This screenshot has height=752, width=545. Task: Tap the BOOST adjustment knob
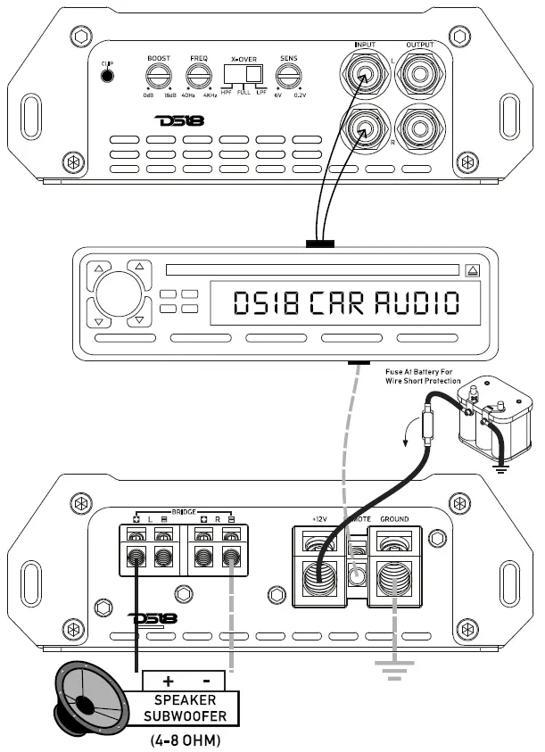pyautogui.click(x=159, y=75)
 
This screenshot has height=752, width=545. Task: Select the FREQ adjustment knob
pyautogui.click(x=198, y=75)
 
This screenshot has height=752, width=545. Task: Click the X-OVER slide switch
pyautogui.click(x=244, y=75)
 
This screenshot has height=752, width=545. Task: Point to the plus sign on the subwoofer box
pyautogui.click(x=168, y=680)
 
